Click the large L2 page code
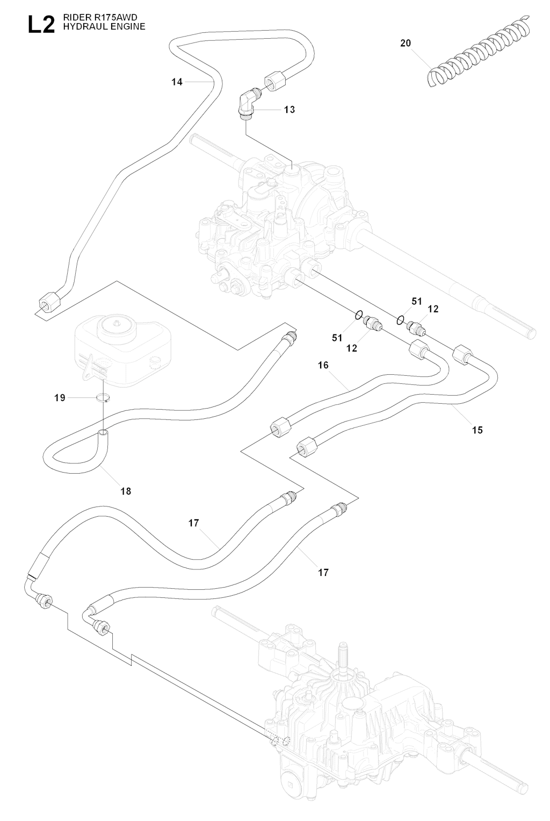coord(41,24)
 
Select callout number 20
coord(406,43)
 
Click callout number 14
coord(177,82)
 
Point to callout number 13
coord(290,110)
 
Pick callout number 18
coord(126,491)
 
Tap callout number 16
coord(323,365)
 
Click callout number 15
coord(477,430)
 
